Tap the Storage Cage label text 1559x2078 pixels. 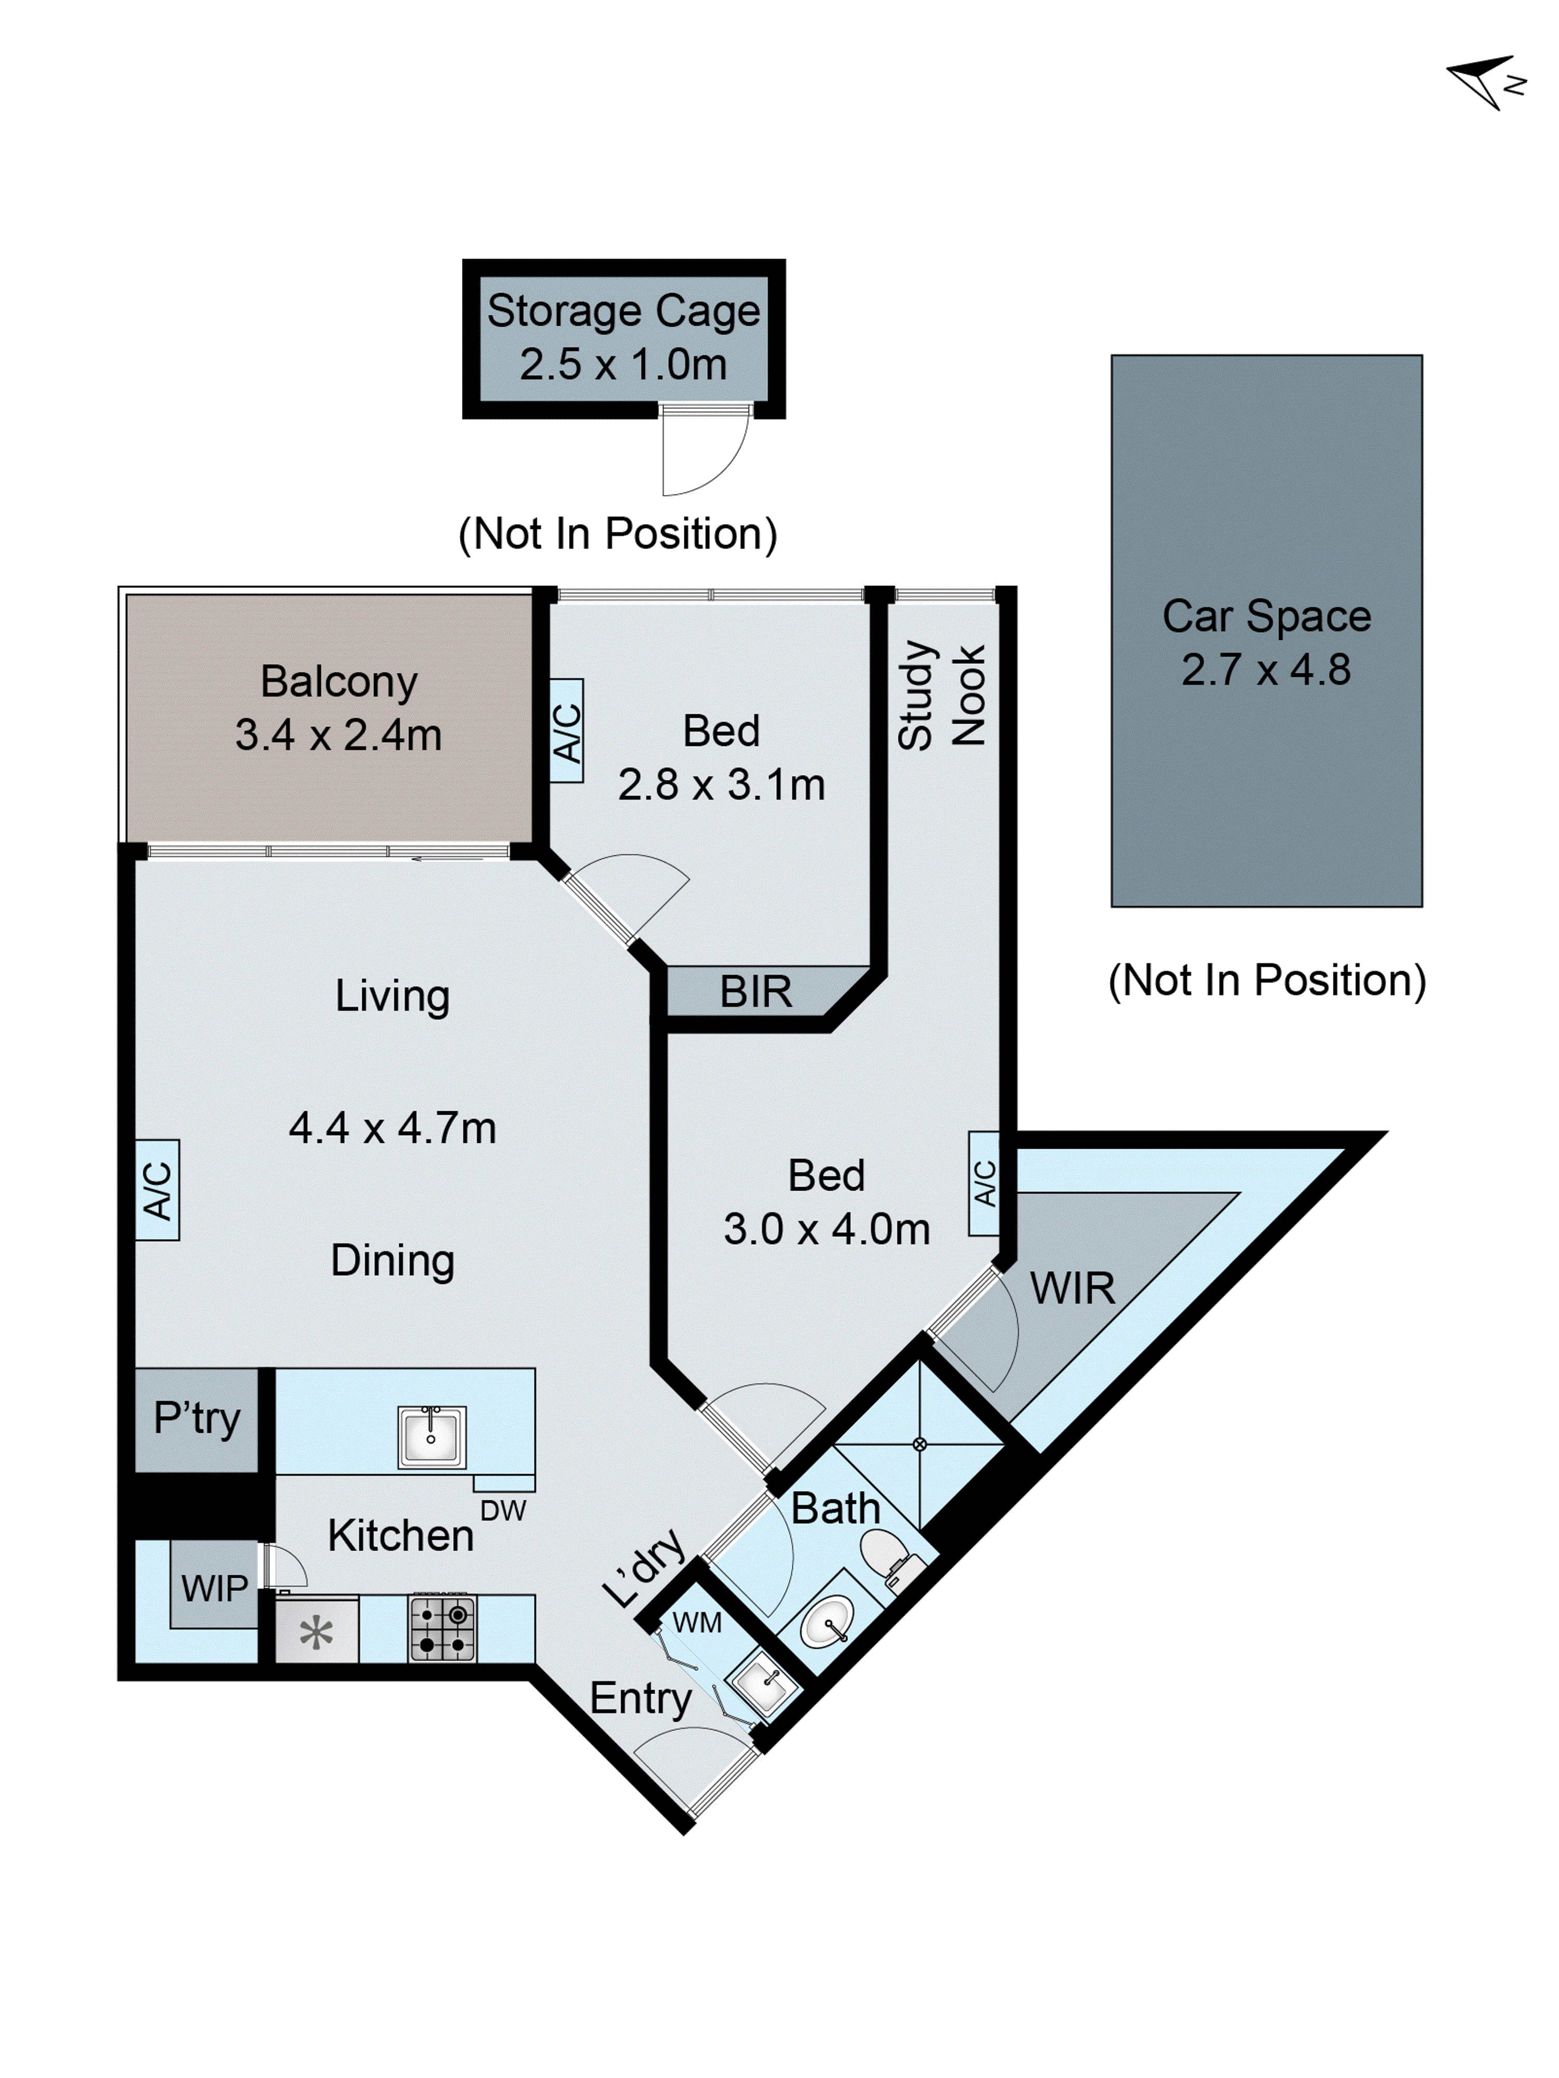pos(623,311)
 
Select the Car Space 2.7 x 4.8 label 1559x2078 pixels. pos(1266,643)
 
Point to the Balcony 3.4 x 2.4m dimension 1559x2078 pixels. pos(338,736)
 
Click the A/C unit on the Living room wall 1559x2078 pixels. pos(157,1190)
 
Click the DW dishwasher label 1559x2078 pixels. pos(503,1511)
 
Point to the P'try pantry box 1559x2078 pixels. pos(196,1419)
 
